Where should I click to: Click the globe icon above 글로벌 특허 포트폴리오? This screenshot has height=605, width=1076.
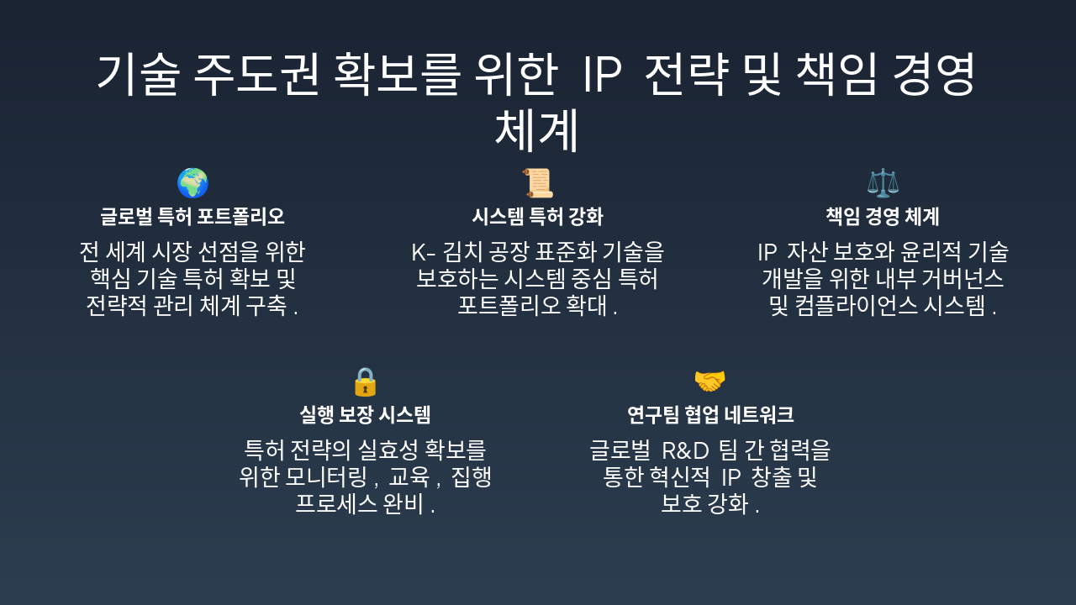coord(193,183)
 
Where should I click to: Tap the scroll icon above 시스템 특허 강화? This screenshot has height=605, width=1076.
coord(537,183)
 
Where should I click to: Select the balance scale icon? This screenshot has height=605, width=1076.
coord(883,183)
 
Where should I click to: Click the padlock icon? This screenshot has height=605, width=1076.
coord(365,382)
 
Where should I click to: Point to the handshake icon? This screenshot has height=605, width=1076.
coord(709,382)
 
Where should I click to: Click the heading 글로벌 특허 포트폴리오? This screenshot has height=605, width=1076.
coord(193,217)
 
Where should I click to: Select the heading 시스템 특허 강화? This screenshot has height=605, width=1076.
coord(537,217)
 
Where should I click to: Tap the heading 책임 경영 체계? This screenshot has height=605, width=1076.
coord(883,217)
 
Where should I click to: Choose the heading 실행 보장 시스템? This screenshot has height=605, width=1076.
coord(365,415)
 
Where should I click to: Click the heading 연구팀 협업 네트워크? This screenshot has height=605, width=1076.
coord(710,415)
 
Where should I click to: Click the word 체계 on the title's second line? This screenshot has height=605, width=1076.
coord(537,131)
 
